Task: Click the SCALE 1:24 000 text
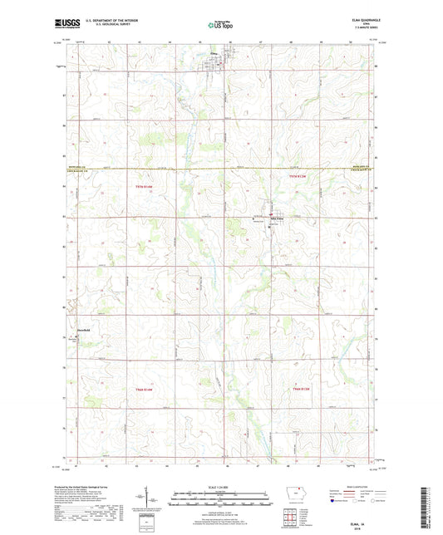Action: tap(221, 488)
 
